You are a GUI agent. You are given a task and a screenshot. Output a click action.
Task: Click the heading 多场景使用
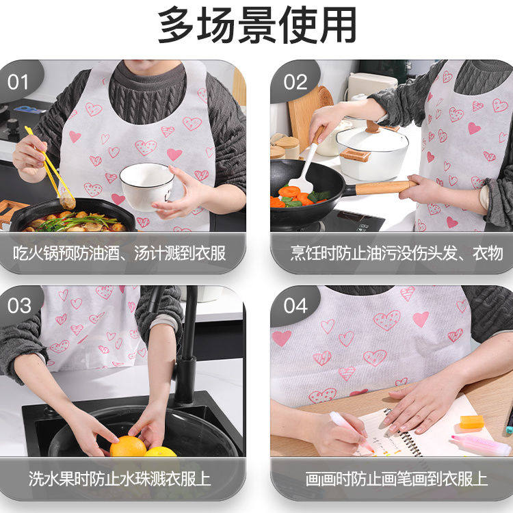click(x=256, y=26)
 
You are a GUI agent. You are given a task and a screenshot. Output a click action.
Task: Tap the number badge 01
click(x=18, y=82)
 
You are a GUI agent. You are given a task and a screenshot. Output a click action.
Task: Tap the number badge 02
click(x=295, y=82)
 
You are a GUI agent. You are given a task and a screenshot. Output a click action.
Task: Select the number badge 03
click(x=18, y=306)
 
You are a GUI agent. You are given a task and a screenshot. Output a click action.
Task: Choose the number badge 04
click(x=295, y=306)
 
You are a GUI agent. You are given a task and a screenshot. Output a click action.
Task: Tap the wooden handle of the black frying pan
click(x=380, y=187)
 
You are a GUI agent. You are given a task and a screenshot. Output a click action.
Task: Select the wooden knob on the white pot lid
click(x=373, y=127)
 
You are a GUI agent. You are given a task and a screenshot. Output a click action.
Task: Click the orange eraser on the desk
click(x=471, y=422)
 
